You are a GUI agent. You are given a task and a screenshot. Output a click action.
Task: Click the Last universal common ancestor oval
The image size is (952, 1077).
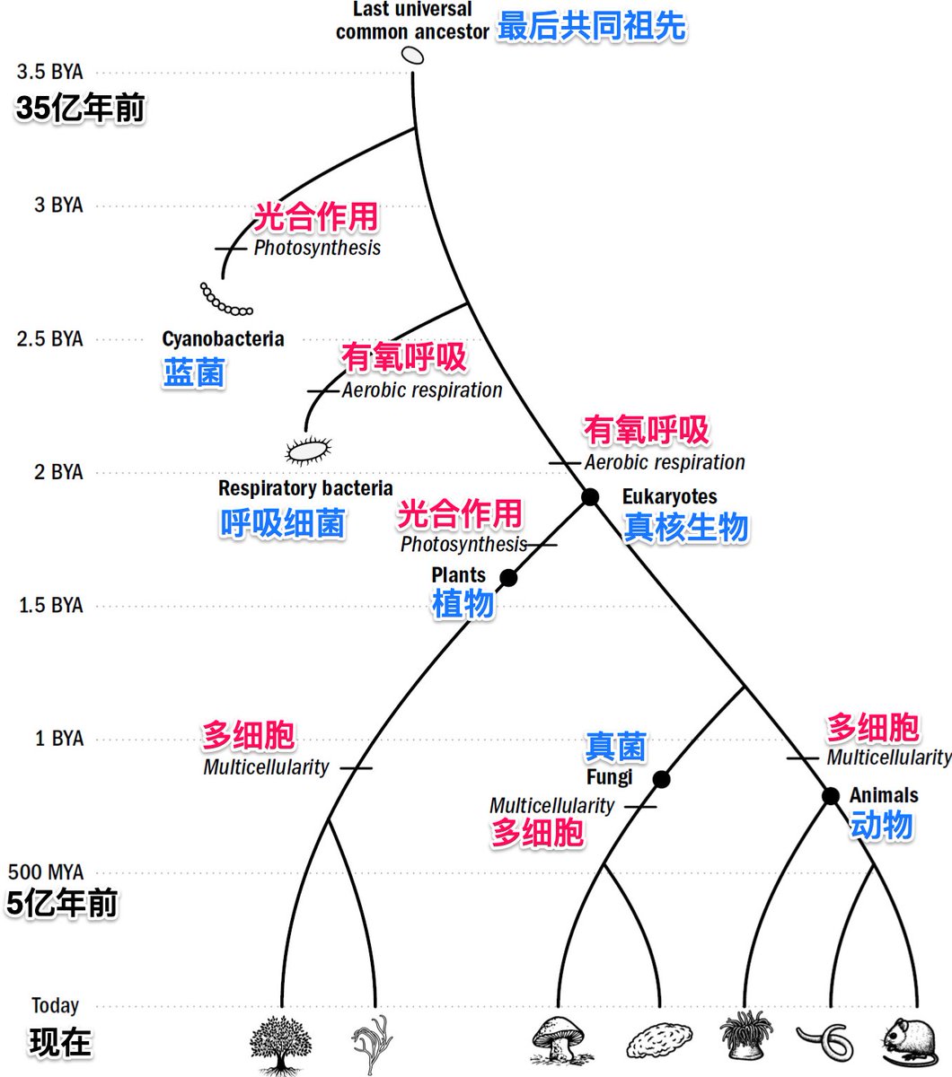[x=412, y=56]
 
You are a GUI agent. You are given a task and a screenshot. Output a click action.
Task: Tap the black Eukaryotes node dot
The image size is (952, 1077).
[x=590, y=496]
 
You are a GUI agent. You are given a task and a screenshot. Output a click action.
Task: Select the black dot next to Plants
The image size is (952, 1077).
[x=508, y=577]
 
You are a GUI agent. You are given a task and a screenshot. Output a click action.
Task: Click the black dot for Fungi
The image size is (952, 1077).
[x=661, y=779]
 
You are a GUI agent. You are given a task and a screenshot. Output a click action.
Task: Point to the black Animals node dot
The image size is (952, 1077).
[x=831, y=795]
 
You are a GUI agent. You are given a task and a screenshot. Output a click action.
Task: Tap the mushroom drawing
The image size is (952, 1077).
[x=560, y=1041]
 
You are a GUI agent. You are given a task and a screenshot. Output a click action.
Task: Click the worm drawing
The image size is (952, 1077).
[x=828, y=1041]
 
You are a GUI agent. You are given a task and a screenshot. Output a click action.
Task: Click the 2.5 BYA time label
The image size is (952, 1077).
[x=50, y=338]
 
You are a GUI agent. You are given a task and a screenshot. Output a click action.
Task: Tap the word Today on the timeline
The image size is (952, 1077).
[x=56, y=1005]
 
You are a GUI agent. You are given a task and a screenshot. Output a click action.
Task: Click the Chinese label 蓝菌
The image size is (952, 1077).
[x=194, y=372]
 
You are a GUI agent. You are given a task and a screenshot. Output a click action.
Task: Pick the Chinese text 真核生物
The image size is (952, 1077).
[x=686, y=527]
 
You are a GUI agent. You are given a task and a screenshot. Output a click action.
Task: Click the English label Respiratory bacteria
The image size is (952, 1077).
[x=305, y=488]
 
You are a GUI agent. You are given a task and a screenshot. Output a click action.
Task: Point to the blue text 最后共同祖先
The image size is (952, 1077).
[x=592, y=27]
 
